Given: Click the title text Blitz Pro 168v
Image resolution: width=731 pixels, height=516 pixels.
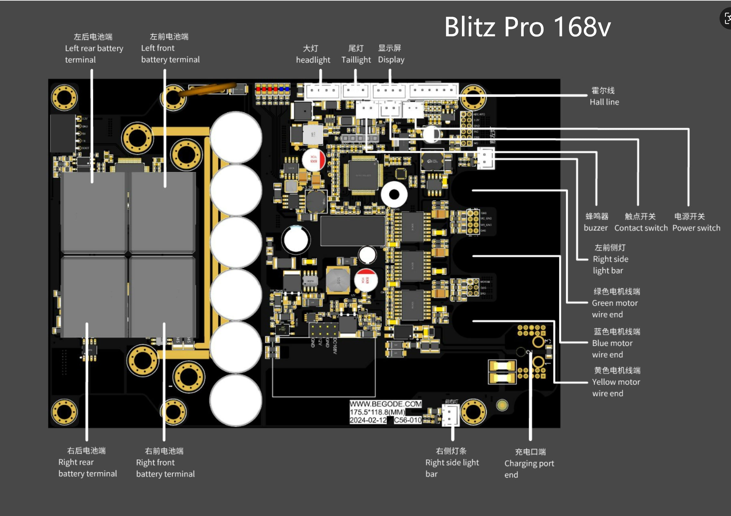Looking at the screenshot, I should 527,27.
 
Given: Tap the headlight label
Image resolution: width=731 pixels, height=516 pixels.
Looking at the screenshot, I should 313,60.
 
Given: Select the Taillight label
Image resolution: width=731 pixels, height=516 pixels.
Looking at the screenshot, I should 356,60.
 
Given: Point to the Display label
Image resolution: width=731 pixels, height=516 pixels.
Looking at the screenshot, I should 391,60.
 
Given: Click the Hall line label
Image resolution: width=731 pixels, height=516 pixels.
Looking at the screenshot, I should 604,102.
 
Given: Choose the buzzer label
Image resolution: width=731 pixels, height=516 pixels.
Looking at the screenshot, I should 596,228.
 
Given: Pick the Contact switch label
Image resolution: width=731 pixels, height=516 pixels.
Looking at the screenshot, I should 641,228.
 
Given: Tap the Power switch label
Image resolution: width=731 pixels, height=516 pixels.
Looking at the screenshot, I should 696,228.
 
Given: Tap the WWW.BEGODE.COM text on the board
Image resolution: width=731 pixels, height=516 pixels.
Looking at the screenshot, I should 385,404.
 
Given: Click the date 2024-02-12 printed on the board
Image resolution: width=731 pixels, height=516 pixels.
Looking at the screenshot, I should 368,420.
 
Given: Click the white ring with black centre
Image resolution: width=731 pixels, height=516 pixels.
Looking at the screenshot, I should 394,194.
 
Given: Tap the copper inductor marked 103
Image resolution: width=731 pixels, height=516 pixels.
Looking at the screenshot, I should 338,280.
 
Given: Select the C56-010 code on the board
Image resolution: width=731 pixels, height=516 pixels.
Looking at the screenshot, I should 407,420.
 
